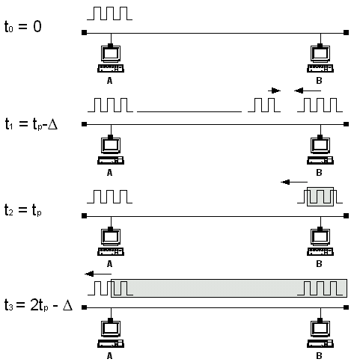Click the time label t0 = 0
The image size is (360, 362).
coord(23,26)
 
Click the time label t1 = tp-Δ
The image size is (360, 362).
coord(31,123)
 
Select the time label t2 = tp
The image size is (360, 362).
coord(23,209)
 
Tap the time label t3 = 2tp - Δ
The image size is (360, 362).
coord(38,304)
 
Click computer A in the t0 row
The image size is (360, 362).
coord(111,58)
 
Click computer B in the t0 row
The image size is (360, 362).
coord(320,58)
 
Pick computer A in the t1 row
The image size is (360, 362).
coord(111,150)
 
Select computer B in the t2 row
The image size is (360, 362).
coord(320,242)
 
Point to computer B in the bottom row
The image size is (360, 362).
coord(320,334)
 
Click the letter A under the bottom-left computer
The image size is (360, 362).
coord(109,356)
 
